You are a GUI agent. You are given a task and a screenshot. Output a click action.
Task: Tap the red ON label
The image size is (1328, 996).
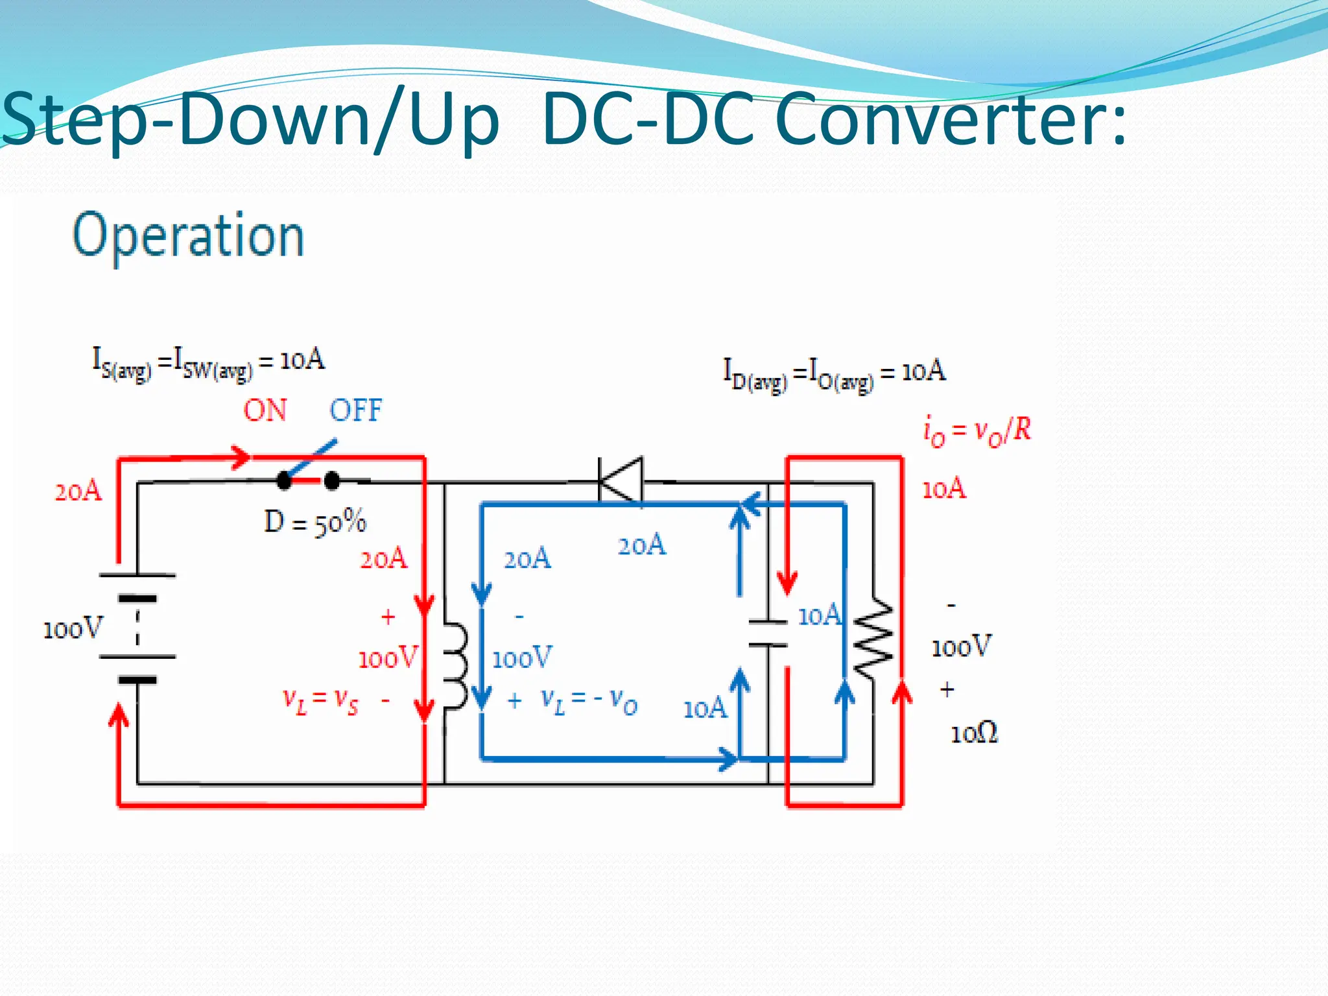point(265,410)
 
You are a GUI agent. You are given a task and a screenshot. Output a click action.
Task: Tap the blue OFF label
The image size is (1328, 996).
point(355,410)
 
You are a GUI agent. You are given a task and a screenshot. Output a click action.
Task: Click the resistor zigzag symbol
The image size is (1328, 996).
point(873,639)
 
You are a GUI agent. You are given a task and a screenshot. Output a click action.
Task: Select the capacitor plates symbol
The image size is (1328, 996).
point(768,634)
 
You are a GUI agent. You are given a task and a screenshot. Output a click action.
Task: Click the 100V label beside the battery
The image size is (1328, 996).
point(73,629)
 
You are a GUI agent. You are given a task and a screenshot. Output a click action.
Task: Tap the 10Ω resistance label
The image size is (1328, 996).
point(974,734)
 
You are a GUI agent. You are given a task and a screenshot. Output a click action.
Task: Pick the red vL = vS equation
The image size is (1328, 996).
point(320,700)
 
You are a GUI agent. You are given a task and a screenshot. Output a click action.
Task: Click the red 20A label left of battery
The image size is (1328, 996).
point(78,492)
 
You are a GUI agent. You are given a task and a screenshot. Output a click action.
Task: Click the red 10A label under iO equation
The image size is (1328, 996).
point(944,488)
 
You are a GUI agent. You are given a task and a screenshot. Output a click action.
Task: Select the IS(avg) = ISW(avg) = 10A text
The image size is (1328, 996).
point(208,363)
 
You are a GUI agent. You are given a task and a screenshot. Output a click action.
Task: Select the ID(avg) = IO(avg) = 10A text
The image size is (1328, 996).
point(835,375)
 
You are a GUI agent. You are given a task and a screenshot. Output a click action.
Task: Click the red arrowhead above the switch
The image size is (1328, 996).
point(242,456)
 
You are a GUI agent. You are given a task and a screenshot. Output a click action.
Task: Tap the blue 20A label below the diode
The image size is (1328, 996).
point(641,545)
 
